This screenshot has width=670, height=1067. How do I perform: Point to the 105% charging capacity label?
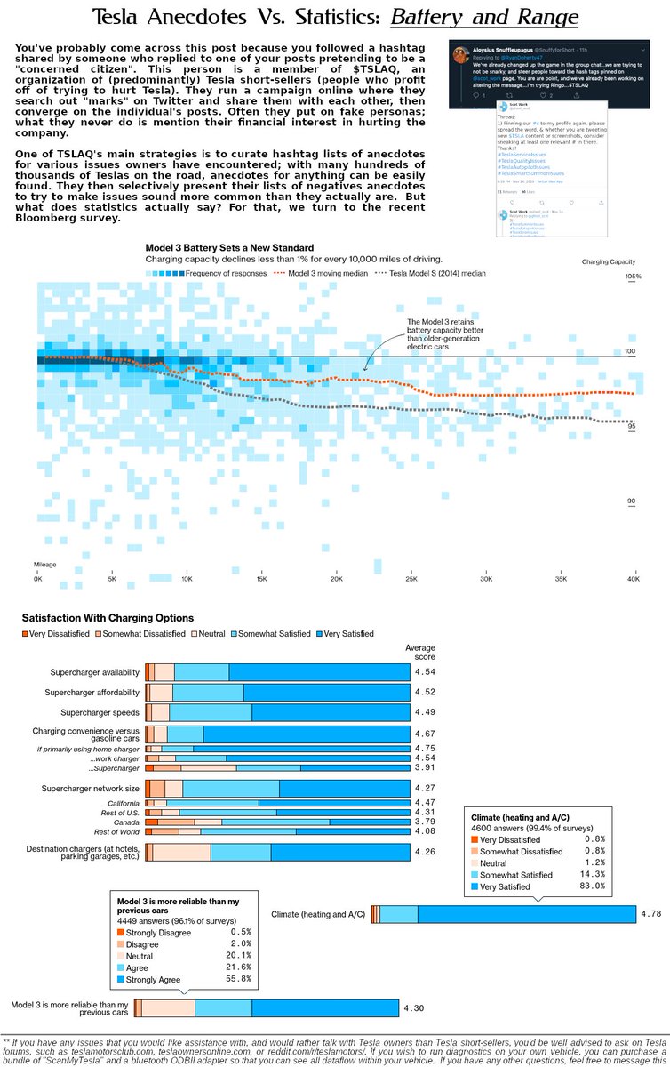pyautogui.click(x=632, y=277)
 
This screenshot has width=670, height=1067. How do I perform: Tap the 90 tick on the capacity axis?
pyautogui.click(x=631, y=501)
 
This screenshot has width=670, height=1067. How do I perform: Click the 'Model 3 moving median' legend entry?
pyautogui.click(x=321, y=274)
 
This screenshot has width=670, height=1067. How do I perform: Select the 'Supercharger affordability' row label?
pyautogui.click(x=98, y=692)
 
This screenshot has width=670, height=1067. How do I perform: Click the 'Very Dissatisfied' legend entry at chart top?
pyautogui.click(x=57, y=634)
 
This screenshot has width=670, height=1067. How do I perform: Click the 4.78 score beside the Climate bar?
pyautogui.click(x=650, y=913)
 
